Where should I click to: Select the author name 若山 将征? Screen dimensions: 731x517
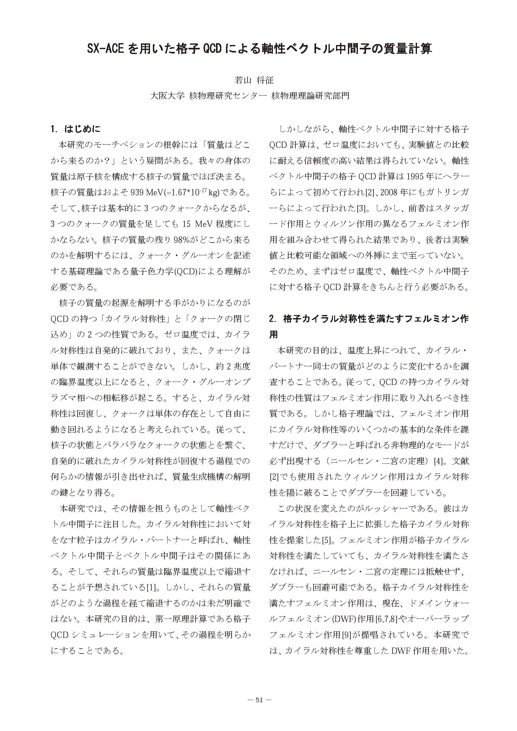click(254, 80)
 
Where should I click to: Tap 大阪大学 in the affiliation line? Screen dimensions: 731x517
click(168, 96)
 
